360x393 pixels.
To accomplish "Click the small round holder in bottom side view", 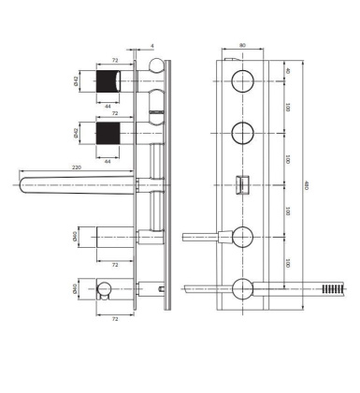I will pyautogui.click(x=103, y=290).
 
